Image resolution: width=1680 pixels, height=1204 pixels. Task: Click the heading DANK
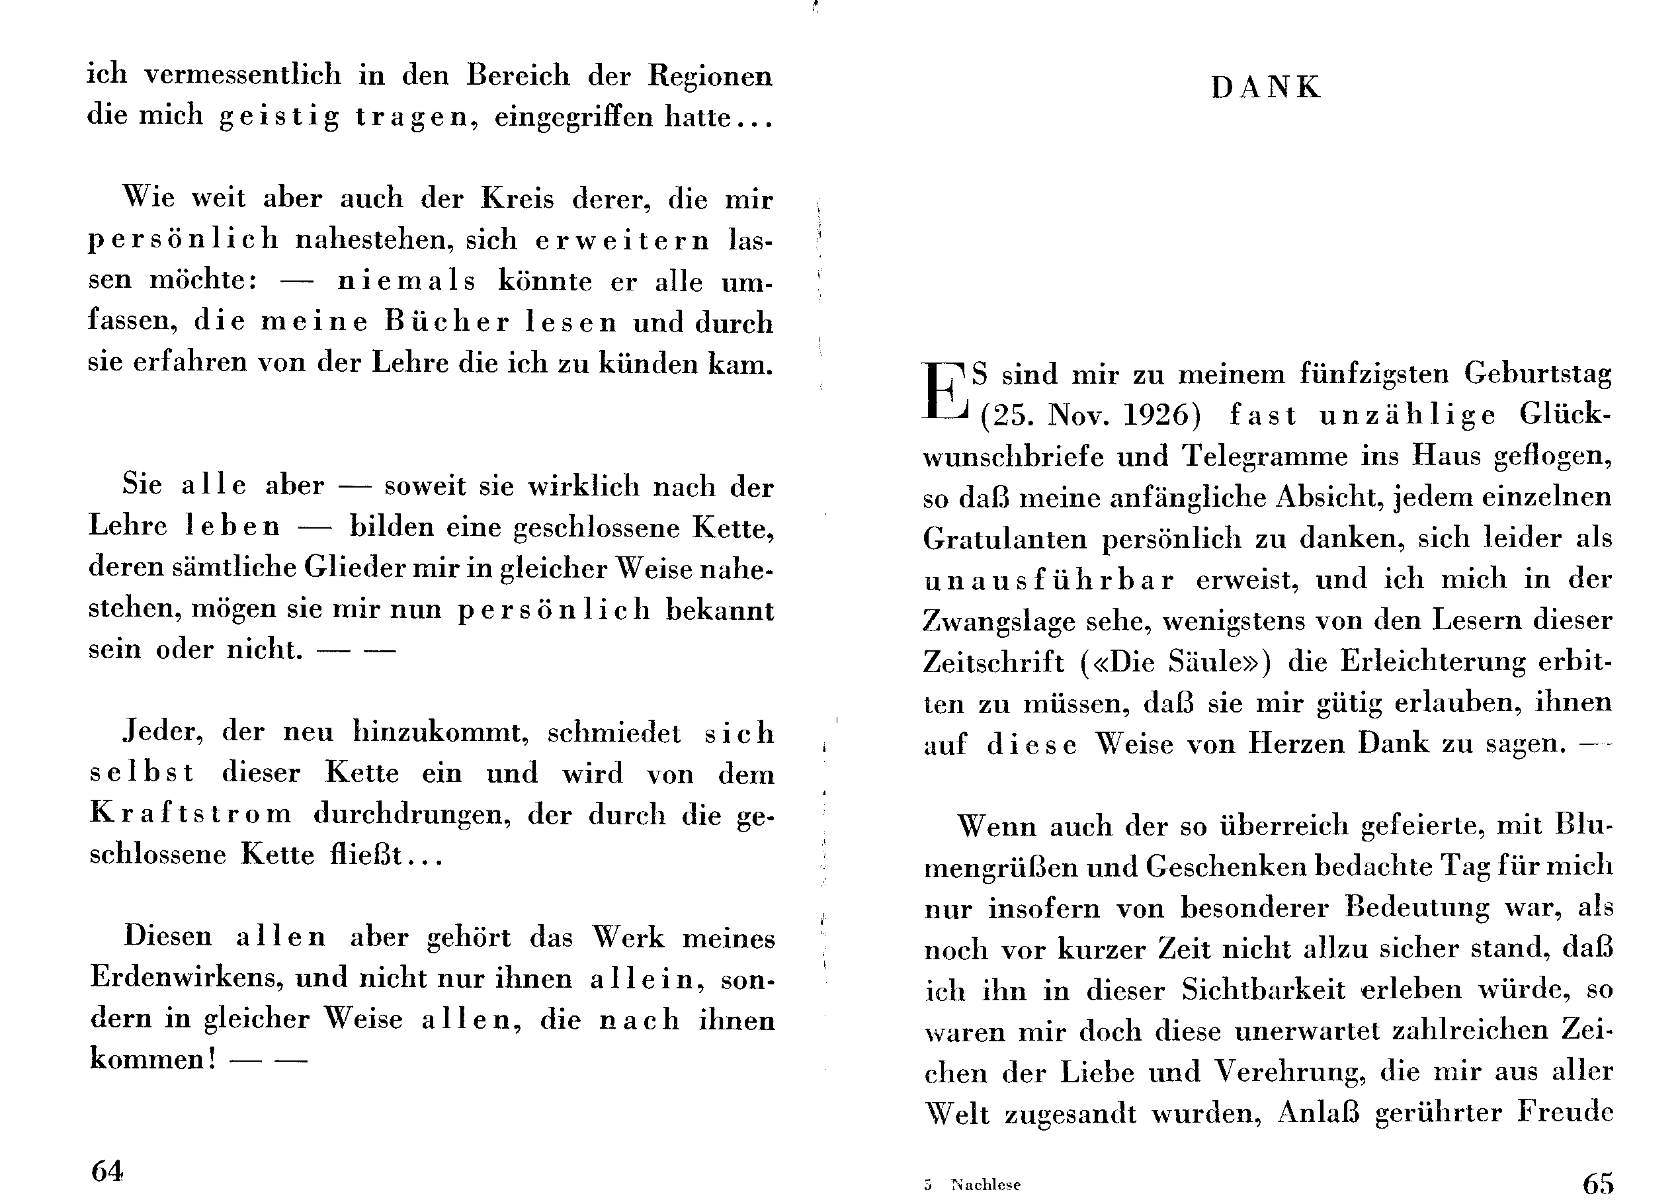coord(1265,88)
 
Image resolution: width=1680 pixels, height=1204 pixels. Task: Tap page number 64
coord(107,1171)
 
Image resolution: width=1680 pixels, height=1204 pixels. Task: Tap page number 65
coord(1598,1184)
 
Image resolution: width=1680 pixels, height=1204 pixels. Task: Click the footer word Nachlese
coord(986,1185)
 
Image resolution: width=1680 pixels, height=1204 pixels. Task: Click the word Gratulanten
coord(1005,538)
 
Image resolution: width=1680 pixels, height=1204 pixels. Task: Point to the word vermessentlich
coord(243,75)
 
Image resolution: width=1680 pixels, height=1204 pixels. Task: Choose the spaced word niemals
coord(406,280)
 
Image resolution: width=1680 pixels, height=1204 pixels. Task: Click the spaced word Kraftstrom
coord(190,814)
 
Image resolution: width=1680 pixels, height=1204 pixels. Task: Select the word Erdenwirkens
coord(187,978)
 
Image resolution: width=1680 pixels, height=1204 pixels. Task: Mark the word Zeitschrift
coord(993,662)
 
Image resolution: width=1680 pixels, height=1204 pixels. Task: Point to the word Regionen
coord(710,75)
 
